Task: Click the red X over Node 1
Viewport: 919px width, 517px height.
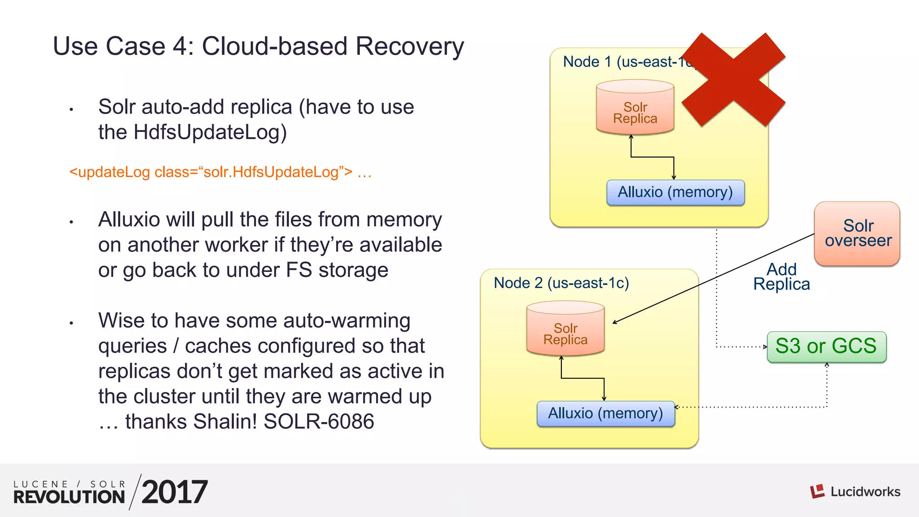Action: (x=733, y=80)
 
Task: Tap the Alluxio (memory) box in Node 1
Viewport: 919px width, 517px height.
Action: (x=675, y=193)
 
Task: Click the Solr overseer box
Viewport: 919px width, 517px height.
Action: (x=857, y=233)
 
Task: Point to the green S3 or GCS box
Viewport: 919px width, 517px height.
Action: (x=826, y=346)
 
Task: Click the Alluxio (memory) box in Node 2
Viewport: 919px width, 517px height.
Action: (x=605, y=413)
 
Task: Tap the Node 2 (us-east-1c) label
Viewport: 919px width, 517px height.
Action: (x=561, y=283)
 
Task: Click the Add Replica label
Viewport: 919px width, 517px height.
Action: (x=781, y=277)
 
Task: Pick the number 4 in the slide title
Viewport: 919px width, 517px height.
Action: (x=183, y=46)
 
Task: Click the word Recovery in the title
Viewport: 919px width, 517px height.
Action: (x=410, y=47)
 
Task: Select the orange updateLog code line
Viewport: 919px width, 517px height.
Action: (x=220, y=172)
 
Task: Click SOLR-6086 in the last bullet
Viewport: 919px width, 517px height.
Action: (x=319, y=422)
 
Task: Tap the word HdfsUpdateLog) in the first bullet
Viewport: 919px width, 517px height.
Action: (x=210, y=132)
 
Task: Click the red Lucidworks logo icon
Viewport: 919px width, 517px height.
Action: (x=817, y=491)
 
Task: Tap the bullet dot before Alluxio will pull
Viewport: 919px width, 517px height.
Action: (x=71, y=222)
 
